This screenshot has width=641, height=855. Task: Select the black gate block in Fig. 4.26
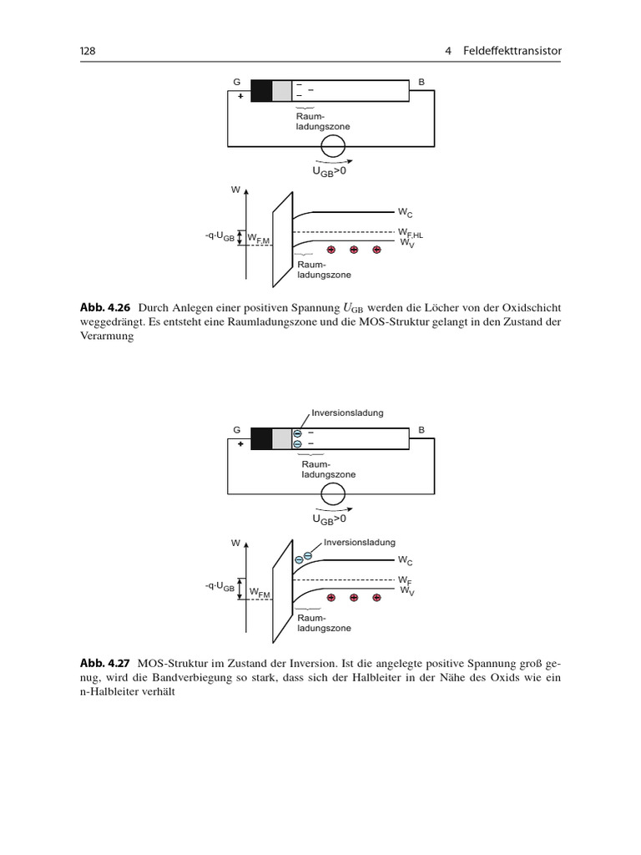pyautogui.click(x=261, y=90)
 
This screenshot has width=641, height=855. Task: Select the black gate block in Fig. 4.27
pyautogui.click(x=261, y=438)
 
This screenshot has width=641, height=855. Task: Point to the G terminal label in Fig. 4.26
pyautogui.click(x=237, y=82)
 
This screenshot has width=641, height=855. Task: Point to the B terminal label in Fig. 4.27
pyautogui.click(x=421, y=430)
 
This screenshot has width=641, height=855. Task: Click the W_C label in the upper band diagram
pyautogui.click(x=404, y=215)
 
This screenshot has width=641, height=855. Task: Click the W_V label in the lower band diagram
pyautogui.click(x=406, y=591)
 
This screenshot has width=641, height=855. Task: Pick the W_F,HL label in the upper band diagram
pyautogui.click(x=409, y=232)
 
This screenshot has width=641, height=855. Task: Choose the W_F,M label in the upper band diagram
pyautogui.click(x=259, y=240)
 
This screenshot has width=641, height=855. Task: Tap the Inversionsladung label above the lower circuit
pyautogui.click(x=347, y=412)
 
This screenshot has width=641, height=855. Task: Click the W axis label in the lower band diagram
pyautogui.click(x=236, y=543)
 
